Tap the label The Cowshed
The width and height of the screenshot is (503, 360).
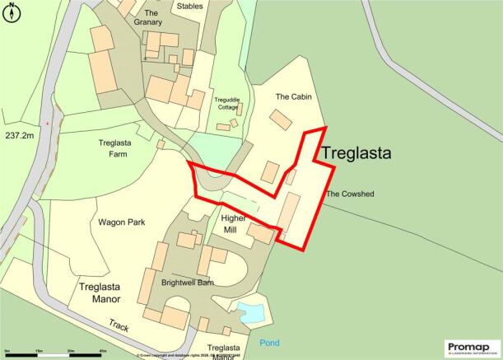350,194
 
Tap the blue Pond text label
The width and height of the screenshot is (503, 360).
268,342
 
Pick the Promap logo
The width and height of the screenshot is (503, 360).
472,347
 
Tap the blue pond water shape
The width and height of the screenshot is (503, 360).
250,312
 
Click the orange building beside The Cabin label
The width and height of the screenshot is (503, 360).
281,120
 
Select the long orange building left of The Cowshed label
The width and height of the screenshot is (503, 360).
288,213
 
